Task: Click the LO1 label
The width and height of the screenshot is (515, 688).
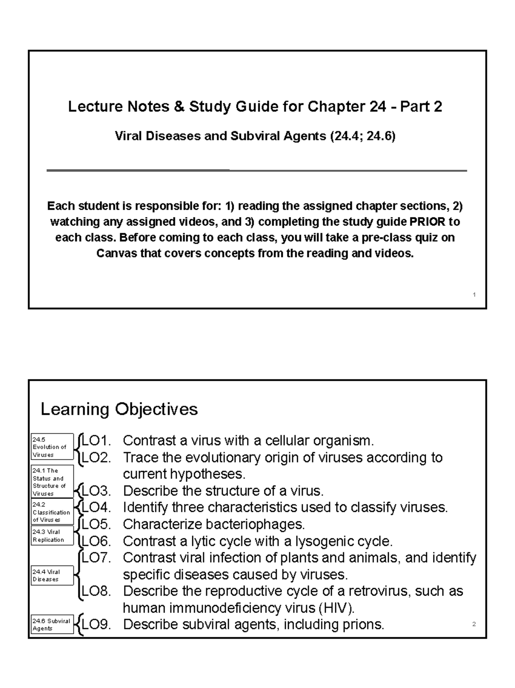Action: pyautogui.click(x=96, y=440)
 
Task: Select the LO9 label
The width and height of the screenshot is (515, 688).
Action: pyautogui.click(x=96, y=624)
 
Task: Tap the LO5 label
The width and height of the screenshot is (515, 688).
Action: pyautogui.click(x=96, y=524)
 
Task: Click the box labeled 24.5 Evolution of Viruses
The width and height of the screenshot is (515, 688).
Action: pyautogui.click(x=52, y=447)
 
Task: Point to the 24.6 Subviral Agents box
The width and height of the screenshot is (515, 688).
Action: pyautogui.click(x=52, y=624)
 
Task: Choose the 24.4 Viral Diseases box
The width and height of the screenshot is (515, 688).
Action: pyautogui.click(x=52, y=575)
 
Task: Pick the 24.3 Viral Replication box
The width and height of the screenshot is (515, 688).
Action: pyautogui.click(x=52, y=536)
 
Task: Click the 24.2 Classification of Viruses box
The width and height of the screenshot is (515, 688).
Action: pyautogui.click(x=52, y=512)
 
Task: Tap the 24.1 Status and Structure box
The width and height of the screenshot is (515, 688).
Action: pyautogui.click(x=52, y=482)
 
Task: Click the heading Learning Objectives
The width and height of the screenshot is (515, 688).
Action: pyautogui.click(x=119, y=409)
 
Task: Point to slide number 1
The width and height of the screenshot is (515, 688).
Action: pyautogui.click(x=474, y=294)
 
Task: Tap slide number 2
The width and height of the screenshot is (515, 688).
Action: pyautogui.click(x=474, y=624)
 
